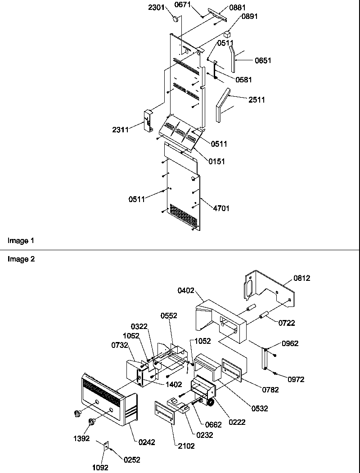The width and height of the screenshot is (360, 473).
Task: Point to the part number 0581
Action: [243, 80]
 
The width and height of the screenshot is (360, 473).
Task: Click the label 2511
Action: [256, 100]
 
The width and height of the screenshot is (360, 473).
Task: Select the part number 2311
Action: [121, 130]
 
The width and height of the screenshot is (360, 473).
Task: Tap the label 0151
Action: [216, 161]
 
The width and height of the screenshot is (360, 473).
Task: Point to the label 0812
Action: [301, 278]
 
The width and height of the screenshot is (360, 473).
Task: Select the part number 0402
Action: [186, 291]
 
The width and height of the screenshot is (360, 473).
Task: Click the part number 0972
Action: [296, 379]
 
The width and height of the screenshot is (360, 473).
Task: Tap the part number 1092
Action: [100, 468]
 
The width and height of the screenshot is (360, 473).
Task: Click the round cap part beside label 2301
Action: [176, 19]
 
